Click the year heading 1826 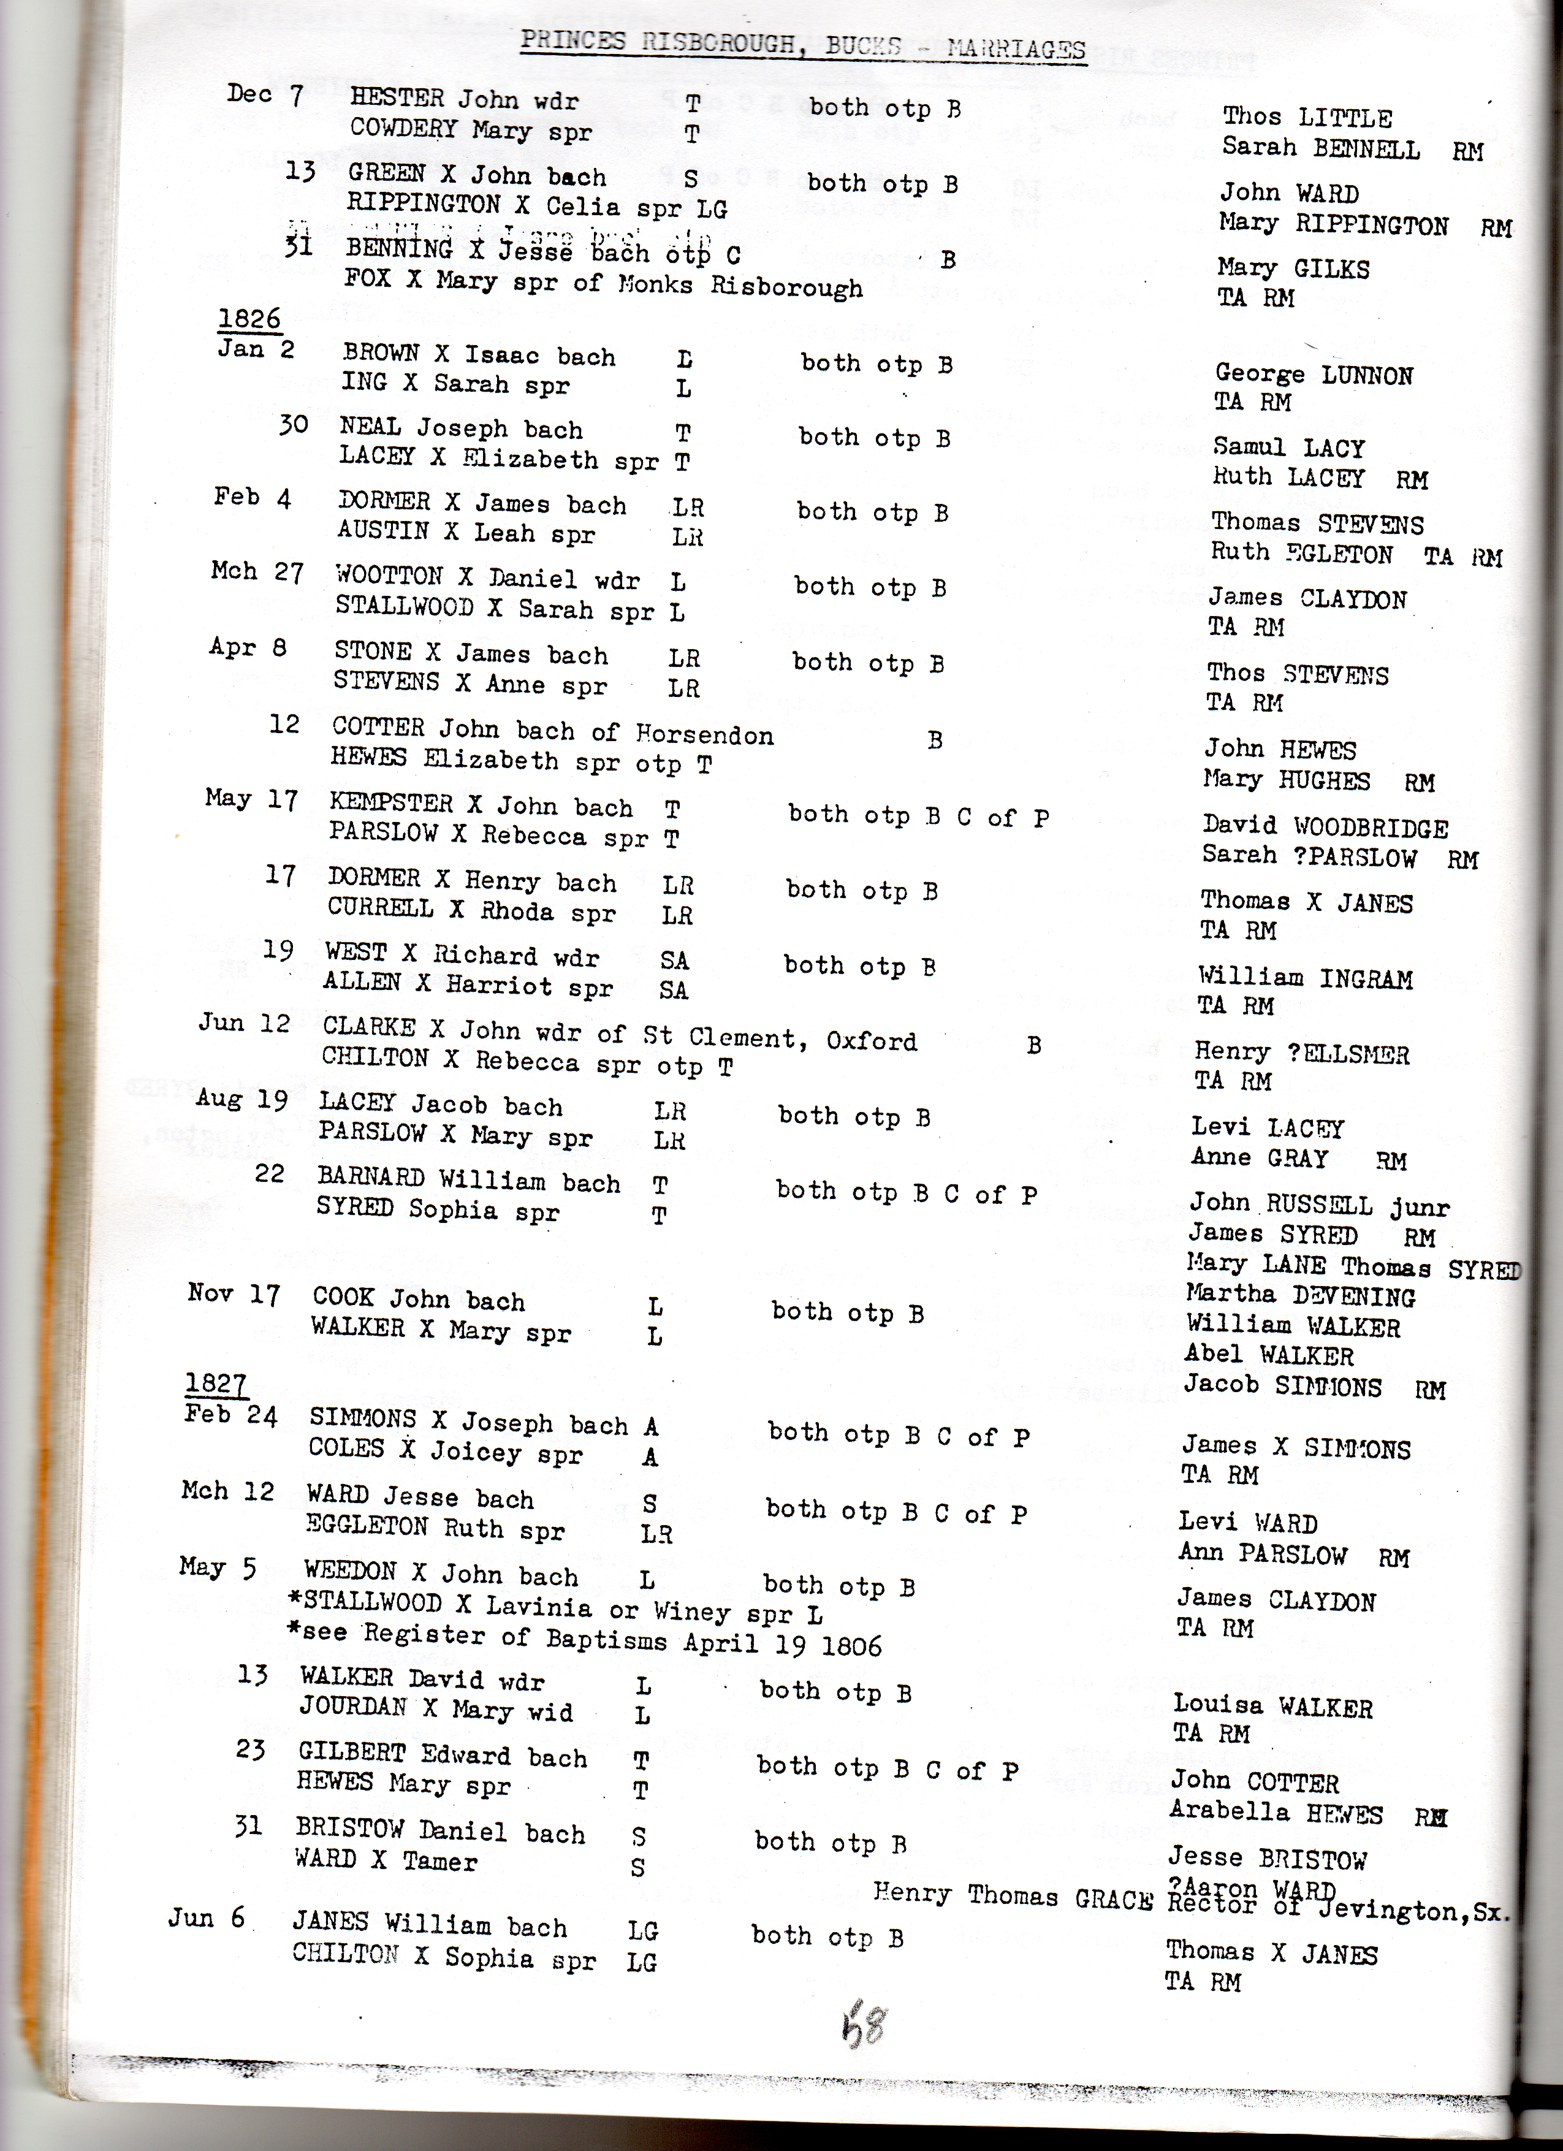coord(249,319)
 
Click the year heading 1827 coord(216,1385)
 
